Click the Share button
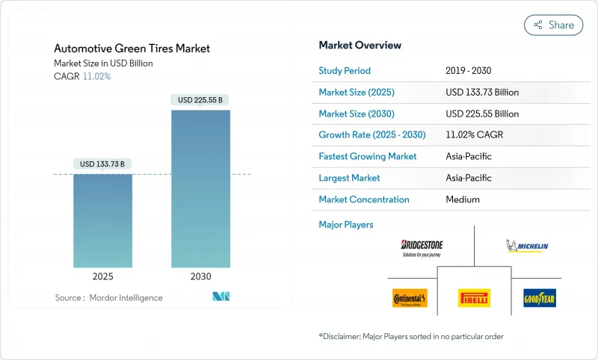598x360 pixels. point(554,25)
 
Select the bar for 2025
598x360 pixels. point(102,220)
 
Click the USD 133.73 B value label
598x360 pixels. point(102,164)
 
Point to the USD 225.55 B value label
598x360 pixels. point(200,99)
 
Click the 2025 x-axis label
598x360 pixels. point(102,276)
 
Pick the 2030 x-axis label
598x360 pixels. point(200,276)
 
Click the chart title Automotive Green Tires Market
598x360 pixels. point(132,49)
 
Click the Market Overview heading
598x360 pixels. point(360,45)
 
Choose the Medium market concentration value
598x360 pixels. point(463,199)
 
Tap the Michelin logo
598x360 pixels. point(527,246)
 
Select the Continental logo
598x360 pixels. point(410,298)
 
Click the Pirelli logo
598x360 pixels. point(474,298)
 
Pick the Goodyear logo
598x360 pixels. point(539,298)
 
